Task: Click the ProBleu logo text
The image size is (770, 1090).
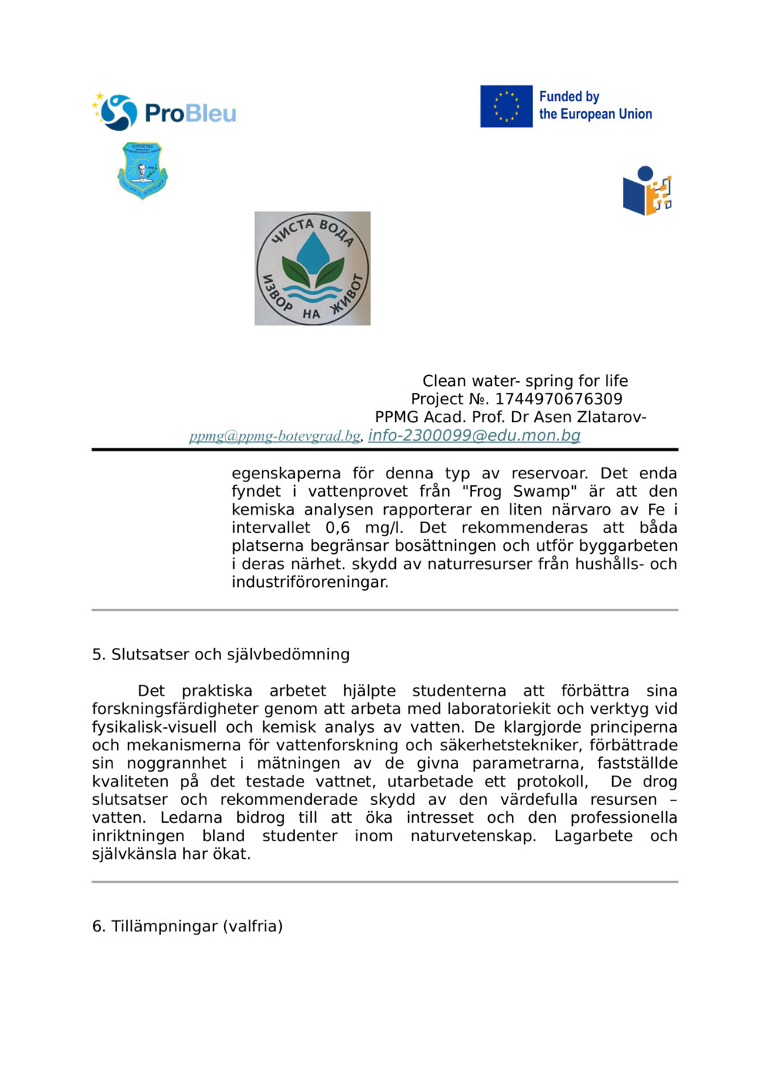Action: coord(190,113)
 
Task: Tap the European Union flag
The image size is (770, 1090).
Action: coord(506,106)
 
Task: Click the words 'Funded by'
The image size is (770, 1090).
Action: coord(569,96)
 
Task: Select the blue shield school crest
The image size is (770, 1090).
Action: coord(142,170)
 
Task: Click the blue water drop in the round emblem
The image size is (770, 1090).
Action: coord(312,251)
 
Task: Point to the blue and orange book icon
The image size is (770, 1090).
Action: coord(647,191)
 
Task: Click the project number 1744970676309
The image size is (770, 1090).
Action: coord(558,399)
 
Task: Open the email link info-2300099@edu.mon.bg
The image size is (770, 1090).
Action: coord(474,435)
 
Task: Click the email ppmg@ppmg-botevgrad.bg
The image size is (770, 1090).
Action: coord(275,436)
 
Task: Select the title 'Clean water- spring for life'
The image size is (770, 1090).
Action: coord(525,381)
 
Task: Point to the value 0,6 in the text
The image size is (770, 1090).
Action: coord(337,528)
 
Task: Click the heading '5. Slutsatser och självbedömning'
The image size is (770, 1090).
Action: coord(221,654)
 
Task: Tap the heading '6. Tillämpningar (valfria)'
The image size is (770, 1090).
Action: coord(187,926)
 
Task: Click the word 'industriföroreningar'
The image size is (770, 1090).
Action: coord(310,582)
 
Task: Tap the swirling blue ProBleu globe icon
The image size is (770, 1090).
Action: coord(118,112)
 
